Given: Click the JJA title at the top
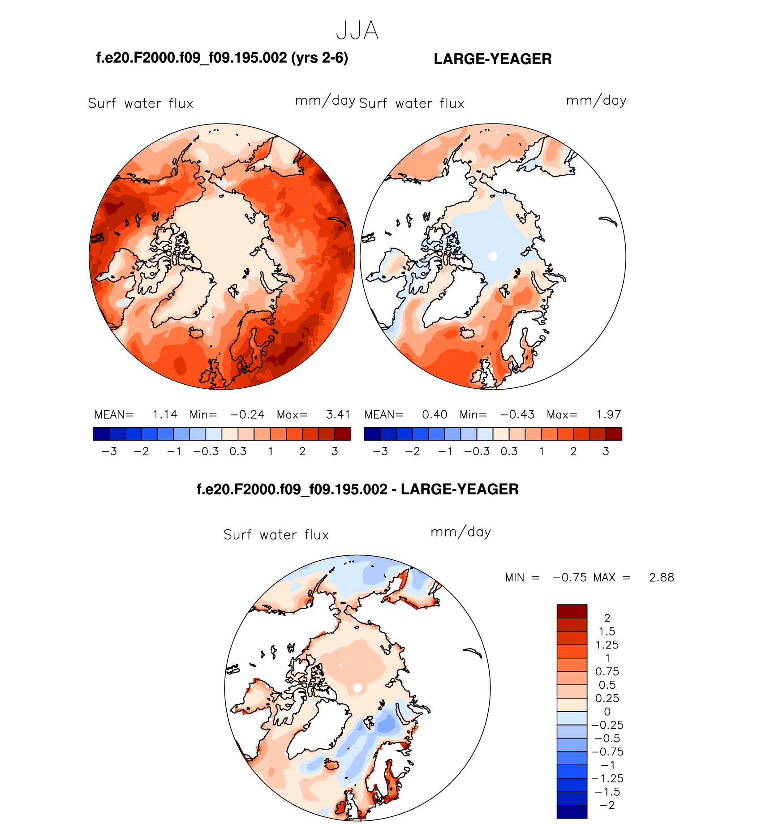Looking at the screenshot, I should tap(357, 31).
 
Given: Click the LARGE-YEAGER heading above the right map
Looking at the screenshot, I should tap(492, 59).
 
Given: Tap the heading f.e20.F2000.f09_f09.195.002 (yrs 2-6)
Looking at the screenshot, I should tap(222, 58).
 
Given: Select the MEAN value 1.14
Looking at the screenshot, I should tap(165, 415).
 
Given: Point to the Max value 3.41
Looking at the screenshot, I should tap(338, 415).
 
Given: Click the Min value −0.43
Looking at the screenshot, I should tap(517, 415).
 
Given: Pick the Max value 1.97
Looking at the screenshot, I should tap(608, 415).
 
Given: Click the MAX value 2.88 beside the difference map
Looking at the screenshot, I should tap(661, 578).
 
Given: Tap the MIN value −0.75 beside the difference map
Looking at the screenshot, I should tap(570, 578).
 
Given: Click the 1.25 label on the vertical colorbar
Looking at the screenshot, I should tap(607, 645).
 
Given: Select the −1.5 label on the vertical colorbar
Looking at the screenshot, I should tap(607, 792).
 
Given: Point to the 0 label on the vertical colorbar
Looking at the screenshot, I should tap(607, 712).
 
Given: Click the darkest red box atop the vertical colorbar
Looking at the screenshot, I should tap(572, 611).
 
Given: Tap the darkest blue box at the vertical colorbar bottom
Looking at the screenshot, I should tap(572, 811).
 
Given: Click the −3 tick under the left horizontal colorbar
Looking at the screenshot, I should tap(109, 451).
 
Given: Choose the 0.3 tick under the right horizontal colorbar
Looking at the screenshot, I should tap(509, 451).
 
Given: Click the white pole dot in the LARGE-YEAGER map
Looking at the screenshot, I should tap(493, 257).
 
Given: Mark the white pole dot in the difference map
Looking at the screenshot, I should tap(357, 688).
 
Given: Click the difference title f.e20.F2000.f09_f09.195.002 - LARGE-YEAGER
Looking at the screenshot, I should tap(357, 489).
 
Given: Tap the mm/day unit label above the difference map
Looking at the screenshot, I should tap(460, 532).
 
